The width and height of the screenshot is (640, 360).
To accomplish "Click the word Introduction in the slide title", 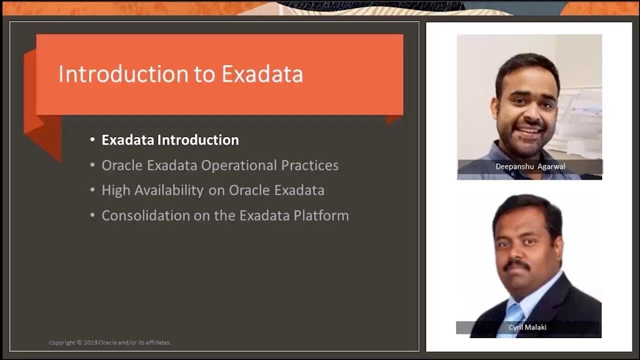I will point(120,74).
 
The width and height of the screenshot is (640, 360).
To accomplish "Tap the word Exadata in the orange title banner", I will point(262,74).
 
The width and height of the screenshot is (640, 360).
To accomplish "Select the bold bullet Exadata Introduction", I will point(170,140).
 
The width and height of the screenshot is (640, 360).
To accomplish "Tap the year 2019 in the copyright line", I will point(90,342).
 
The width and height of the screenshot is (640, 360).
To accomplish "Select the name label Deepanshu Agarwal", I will point(530,166).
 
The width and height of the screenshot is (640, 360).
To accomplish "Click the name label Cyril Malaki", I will point(527,327).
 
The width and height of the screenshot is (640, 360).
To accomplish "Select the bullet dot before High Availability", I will point(92,190).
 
